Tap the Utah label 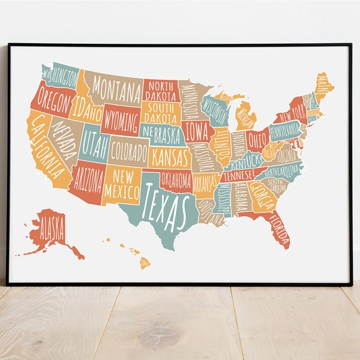pos(94,142)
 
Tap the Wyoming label pos(121,121)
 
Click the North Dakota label pos(160,91)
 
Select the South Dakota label pos(160,112)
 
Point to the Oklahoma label pos(176,179)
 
